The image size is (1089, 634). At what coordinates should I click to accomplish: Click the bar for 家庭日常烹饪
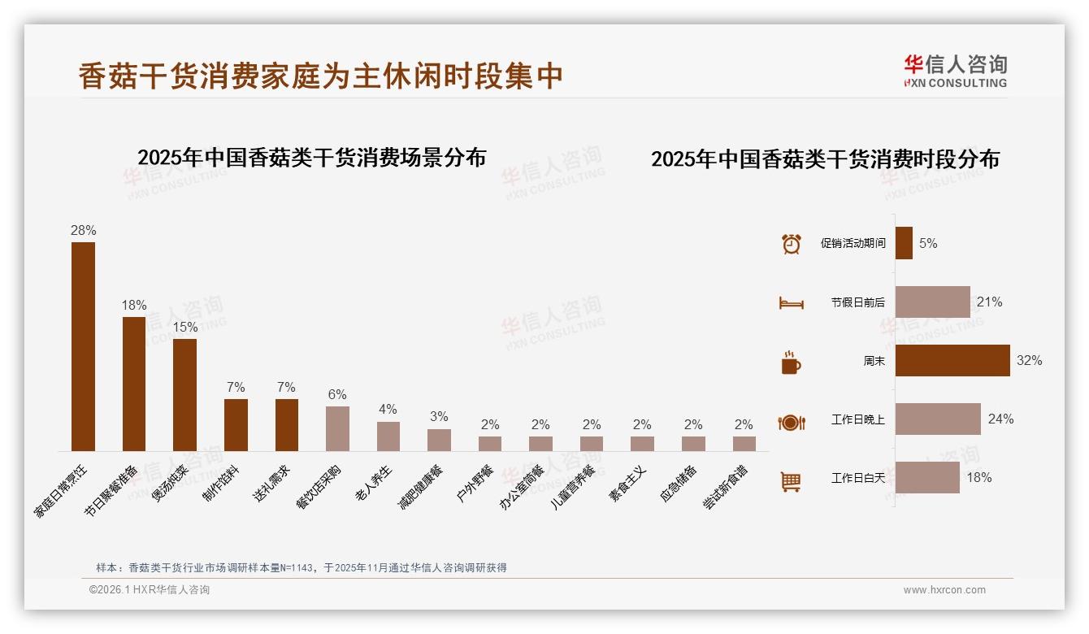tap(83, 346)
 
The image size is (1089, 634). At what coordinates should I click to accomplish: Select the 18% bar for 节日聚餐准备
tap(134, 384)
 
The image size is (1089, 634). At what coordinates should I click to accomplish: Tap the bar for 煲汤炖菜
tap(184, 394)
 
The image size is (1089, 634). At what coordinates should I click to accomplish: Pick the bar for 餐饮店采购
tap(337, 428)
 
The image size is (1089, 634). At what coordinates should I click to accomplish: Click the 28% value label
tap(83, 231)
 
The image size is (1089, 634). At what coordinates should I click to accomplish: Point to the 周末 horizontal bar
tap(952, 360)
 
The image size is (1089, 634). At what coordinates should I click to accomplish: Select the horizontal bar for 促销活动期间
tap(904, 243)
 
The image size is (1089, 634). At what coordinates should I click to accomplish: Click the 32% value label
tap(1029, 360)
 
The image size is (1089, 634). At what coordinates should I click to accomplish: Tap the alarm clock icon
tap(791, 243)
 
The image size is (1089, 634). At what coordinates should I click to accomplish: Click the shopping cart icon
tap(791, 482)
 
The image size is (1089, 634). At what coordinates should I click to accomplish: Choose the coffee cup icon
tap(791, 363)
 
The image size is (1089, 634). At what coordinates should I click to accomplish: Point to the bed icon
tap(791, 303)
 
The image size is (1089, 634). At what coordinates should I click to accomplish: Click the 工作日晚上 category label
tap(857, 419)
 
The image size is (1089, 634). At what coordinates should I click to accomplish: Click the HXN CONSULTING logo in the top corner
tap(955, 71)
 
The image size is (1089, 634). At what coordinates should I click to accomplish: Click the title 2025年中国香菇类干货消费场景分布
tap(311, 157)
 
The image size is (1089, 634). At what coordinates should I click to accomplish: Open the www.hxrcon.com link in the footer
tap(944, 590)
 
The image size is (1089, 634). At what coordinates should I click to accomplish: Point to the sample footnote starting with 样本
tap(301, 567)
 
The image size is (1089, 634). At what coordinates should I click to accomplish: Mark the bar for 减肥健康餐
tap(439, 440)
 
